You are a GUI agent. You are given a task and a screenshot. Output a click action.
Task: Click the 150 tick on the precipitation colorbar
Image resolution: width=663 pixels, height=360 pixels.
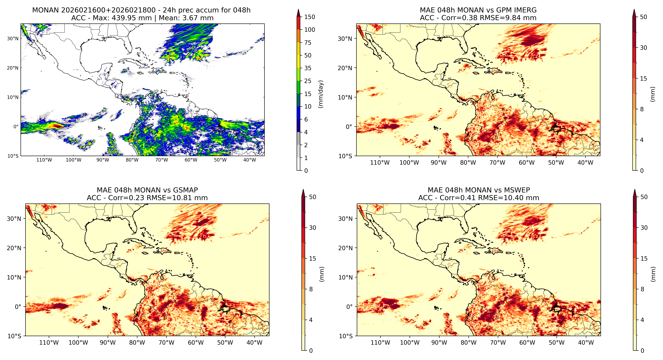[x=310, y=17]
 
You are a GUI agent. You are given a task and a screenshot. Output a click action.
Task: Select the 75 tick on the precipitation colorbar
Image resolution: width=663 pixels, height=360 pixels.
[x=308, y=43]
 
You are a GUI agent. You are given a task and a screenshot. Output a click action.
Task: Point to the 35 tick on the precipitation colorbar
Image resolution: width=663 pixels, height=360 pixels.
[x=308, y=68]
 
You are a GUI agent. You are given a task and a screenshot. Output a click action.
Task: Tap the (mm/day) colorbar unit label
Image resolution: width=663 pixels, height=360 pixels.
[x=321, y=94]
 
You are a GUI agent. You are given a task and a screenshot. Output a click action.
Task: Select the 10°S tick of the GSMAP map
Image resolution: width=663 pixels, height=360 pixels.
[x=14, y=336]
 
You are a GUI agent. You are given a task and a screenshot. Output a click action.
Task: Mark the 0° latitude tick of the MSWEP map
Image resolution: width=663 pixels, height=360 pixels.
[x=349, y=307]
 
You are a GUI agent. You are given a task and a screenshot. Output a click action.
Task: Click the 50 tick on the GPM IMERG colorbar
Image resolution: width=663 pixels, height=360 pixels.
[x=643, y=17]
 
